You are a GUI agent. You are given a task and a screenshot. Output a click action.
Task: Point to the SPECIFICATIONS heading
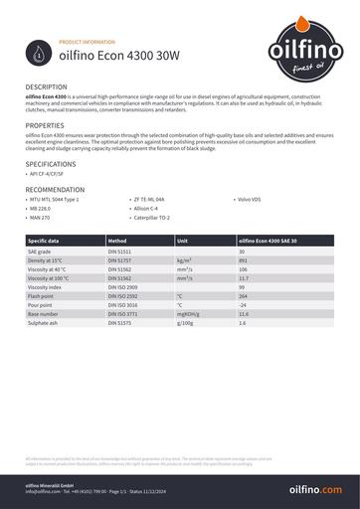point(51,163)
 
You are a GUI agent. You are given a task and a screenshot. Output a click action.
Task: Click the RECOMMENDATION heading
point(55,189)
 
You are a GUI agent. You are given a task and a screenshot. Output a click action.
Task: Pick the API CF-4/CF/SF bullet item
point(52,174)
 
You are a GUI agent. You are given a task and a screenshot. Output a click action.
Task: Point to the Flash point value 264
point(243,296)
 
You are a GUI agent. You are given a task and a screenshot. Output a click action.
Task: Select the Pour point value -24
point(243,305)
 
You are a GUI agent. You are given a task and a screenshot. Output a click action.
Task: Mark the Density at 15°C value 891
point(243,259)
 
